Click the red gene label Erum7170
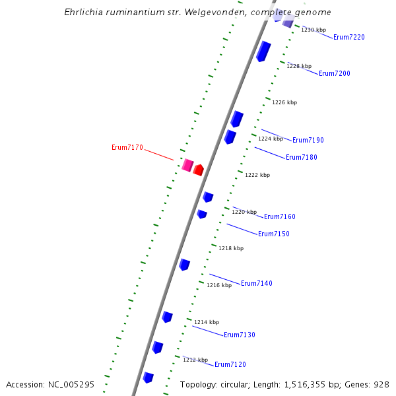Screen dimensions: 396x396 127,148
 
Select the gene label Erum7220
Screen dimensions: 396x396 349,38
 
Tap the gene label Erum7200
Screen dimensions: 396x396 335,74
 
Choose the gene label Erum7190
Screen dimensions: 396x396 308,141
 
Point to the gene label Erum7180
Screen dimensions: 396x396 302,158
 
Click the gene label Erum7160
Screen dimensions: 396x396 280,217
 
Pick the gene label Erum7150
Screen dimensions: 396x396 274,234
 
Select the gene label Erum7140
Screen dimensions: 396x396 257,284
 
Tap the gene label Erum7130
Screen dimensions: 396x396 240,335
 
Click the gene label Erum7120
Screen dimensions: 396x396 230,365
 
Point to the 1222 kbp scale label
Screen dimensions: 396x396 257,176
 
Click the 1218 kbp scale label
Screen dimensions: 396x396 231,249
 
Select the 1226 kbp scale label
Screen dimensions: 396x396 284,103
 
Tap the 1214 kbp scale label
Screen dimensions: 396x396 207,323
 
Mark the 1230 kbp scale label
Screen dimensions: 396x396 313,30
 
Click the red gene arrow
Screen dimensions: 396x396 198,170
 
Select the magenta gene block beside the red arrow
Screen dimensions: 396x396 187,165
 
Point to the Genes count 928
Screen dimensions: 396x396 381,384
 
